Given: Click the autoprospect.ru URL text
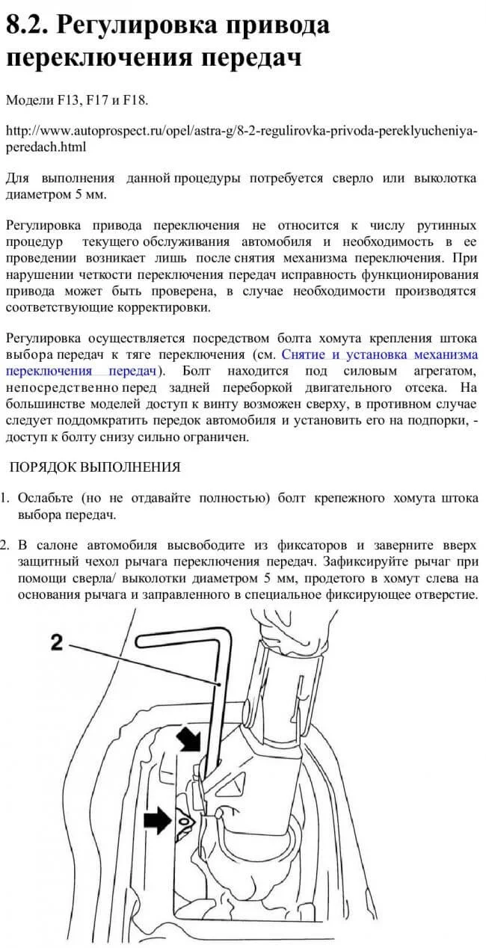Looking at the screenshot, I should pyautogui.click(x=239, y=132).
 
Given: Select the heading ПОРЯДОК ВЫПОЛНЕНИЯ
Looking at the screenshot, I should pyautogui.click(x=94, y=467).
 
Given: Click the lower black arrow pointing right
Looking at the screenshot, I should pyautogui.click(x=157, y=820).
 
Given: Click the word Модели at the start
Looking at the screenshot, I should pyautogui.click(x=25, y=99).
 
